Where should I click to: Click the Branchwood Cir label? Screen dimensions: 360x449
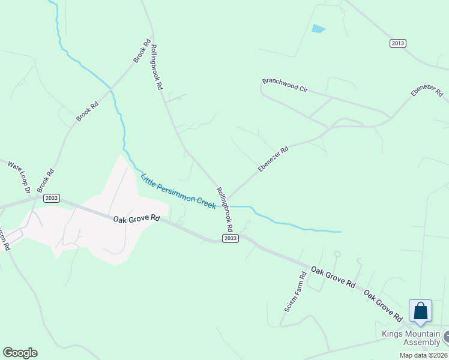click(x=285, y=85)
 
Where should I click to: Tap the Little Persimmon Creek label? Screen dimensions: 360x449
click(x=178, y=191)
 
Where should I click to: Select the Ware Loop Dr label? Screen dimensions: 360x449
click(x=19, y=175)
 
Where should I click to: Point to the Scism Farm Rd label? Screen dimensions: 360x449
click(x=295, y=292)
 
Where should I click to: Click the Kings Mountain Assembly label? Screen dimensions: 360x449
click(x=411, y=338)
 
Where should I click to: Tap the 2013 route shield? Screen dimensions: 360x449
click(x=397, y=43)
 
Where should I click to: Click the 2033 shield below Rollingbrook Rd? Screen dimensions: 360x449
click(x=231, y=238)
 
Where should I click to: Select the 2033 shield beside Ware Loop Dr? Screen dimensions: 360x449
click(x=52, y=197)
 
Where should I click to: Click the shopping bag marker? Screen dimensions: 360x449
click(x=421, y=311)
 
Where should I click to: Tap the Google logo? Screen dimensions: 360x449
click(x=20, y=353)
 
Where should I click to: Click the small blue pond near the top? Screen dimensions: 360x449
click(x=318, y=28)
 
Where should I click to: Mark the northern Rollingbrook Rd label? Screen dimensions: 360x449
click(x=157, y=67)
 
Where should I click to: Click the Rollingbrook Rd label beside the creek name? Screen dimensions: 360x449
click(x=224, y=209)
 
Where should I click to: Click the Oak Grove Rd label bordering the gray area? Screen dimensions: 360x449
click(x=137, y=218)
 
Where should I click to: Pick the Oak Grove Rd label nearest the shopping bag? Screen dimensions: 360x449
click(x=383, y=306)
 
